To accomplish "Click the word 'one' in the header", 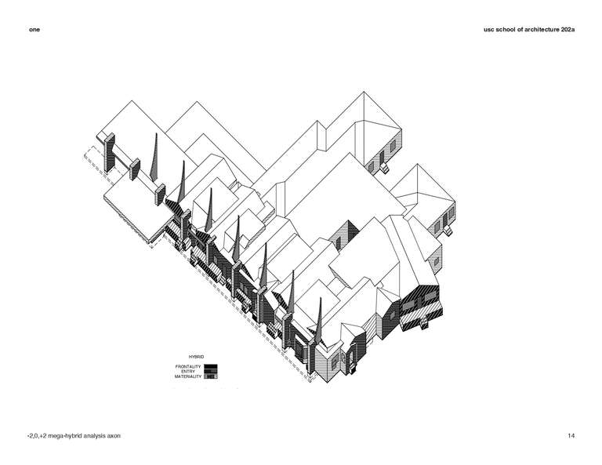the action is coord(34,30).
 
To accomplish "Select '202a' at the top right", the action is coord(568,30).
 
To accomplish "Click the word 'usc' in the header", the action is coord(489,30).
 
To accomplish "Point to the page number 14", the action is coord(571,436).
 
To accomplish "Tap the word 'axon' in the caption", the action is coord(114,436).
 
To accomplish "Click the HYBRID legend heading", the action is coord(196,357).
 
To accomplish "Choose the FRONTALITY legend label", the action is coord(188,367).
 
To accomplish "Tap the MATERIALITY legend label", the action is coord(188,376).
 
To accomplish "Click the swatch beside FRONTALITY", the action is coord(211,367).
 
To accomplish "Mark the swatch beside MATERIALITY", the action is coord(211,376).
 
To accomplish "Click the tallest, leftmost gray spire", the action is coord(154,158).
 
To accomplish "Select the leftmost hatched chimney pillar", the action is coord(110,152).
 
